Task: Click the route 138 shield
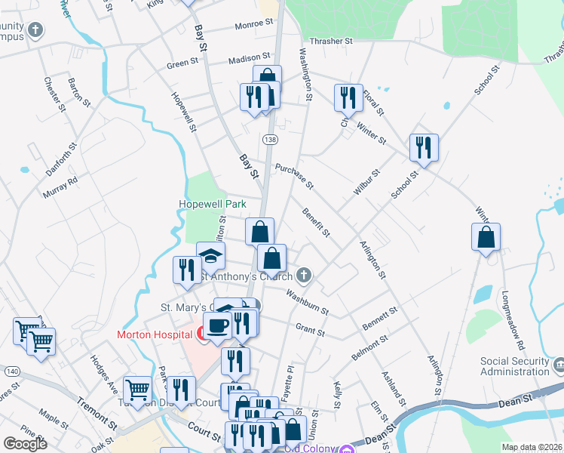point(269,140)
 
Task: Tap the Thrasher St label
point(333,42)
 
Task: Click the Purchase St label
point(294,177)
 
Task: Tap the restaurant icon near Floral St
point(348,97)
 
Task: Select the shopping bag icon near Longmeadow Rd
point(486,236)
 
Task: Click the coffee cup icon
point(218,325)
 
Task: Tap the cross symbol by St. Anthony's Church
point(304,274)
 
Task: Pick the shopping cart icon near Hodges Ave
point(137,390)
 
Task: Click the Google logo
point(25,444)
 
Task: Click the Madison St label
point(249,57)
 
